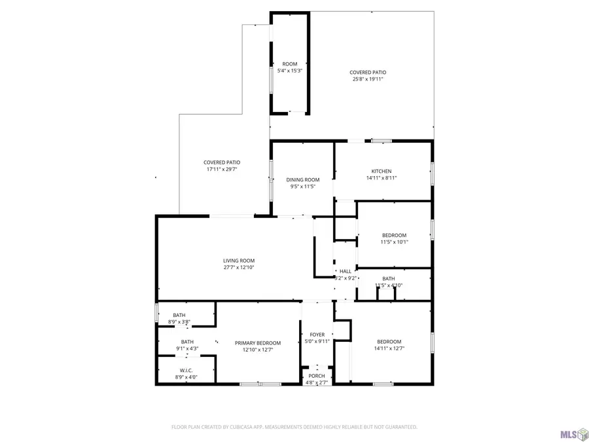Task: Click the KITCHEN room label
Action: coord(382,171)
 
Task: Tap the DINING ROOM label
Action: coord(303,179)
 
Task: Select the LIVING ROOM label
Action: coord(238,261)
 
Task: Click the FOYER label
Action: coord(317,335)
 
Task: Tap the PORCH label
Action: coord(317,376)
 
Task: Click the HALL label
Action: coord(345,271)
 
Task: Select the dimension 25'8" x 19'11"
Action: coord(368,79)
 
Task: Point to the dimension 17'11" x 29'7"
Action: coord(222,169)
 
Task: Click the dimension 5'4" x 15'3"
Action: coord(289,71)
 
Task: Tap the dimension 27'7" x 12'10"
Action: coord(238,267)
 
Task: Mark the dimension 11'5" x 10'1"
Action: coord(394,242)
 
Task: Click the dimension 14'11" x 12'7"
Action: coord(389,348)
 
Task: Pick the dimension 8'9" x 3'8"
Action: coord(179,322)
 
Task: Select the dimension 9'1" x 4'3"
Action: coord(187,348)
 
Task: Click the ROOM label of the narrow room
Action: coord(289,64)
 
